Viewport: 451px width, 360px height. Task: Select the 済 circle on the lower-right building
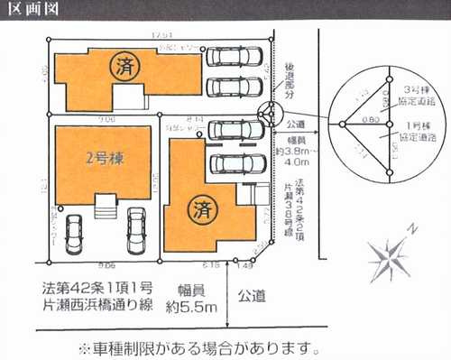pos(200,210)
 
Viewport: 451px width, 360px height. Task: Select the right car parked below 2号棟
pos(136,230)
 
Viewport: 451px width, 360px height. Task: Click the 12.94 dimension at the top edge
pos(162,35)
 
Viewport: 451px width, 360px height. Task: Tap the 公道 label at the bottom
pos(252,294)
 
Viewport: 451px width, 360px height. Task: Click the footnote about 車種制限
pos(199,347)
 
